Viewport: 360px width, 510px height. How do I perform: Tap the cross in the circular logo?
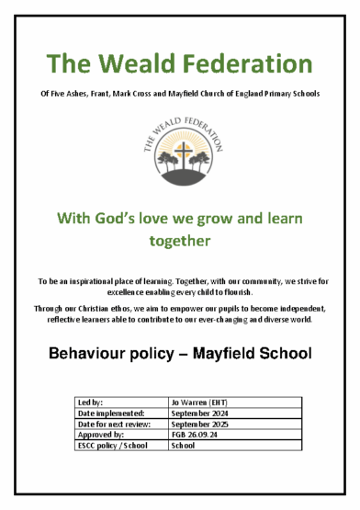[x=180, y=149]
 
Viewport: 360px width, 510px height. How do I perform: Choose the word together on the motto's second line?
[x=180, y=241]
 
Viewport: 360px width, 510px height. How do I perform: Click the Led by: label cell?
[x=92, y=403]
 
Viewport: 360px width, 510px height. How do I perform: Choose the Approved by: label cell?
[x=102, y=436]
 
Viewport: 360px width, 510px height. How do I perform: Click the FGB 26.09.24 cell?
[x=194, y=436]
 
